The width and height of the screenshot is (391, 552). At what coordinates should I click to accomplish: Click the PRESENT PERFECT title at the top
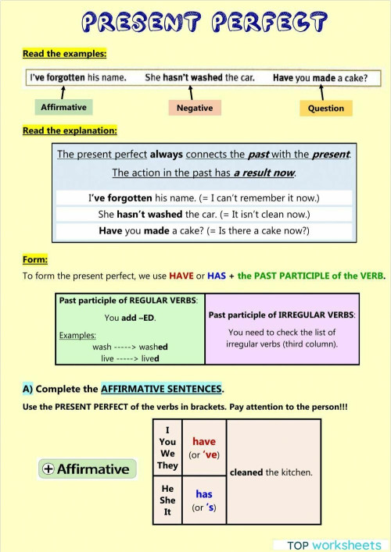[x=195, y=20]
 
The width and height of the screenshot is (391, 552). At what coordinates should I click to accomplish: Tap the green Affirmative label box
[x=63, y=107]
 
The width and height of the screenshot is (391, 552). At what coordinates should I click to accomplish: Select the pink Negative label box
[x=195, y=108]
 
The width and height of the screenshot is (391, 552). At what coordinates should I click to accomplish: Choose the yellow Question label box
[x=326, y=109]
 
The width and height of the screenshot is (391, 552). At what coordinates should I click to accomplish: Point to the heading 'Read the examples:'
[x=64, y=54]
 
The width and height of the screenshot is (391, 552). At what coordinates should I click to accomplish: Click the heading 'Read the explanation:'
[x=70, y=130]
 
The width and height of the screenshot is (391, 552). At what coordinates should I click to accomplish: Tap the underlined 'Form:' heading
[x=35, y=259]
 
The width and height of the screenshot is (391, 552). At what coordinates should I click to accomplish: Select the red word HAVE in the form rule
[x=179, y=276]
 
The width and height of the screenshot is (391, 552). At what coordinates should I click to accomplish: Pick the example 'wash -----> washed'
[x=130, y=347]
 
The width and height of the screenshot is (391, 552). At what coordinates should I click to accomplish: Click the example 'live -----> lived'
[x=130, y=358]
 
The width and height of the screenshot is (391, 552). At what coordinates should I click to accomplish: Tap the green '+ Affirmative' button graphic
[x=87, y=468]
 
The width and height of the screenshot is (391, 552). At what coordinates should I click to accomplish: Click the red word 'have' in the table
[x=203, y=441]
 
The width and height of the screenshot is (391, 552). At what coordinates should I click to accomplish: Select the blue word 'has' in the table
[x=203, y=493]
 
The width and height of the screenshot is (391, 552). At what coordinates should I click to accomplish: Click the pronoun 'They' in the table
[x=167, y=465]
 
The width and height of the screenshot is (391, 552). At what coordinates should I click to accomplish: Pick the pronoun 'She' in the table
[x=167, y=500]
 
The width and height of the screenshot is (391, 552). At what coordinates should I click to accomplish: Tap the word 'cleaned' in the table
[x=246, y=472]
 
